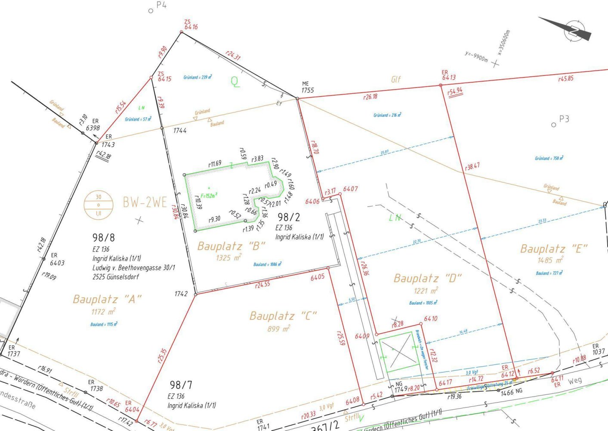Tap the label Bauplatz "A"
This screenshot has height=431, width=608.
107,299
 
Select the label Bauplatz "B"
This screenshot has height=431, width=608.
231,246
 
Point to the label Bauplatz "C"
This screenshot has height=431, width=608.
283,316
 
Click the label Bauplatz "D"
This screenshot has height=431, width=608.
427,278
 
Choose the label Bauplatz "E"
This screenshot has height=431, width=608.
554,249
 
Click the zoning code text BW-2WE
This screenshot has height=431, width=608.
145,202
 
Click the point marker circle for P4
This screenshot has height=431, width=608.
151,11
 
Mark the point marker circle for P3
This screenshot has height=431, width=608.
553,125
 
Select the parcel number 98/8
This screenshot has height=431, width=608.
104,237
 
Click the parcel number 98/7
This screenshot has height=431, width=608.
181,385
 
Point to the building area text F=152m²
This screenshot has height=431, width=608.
209,196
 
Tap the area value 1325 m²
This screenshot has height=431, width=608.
228,258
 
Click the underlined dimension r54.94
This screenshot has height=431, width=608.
455,91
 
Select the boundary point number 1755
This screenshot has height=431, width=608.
308,91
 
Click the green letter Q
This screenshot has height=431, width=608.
235,81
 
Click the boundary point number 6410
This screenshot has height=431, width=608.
431,319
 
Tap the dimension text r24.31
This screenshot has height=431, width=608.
233,55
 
